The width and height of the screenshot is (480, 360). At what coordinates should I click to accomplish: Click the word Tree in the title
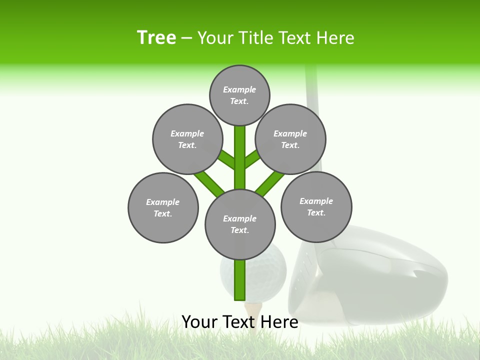point(156,37)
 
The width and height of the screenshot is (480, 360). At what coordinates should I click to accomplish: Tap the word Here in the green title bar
point(335,38)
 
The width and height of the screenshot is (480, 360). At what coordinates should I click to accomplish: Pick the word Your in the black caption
point(199,321)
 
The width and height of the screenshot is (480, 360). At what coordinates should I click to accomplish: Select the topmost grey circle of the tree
point(239,95)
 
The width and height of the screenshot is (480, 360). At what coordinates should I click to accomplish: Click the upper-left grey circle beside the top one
point(187,139)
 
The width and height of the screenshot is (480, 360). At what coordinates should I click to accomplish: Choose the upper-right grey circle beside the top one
point(290,139)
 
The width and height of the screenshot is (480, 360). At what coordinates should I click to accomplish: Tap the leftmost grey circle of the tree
point(163,207)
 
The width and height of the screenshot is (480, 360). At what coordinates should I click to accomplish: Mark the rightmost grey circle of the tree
point(316,206)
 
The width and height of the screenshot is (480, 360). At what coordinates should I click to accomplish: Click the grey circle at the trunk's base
point(240,224)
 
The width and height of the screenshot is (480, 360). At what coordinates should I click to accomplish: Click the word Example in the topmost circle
point(239,89)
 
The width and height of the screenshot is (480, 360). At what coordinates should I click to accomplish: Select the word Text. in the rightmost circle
point(316,212)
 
